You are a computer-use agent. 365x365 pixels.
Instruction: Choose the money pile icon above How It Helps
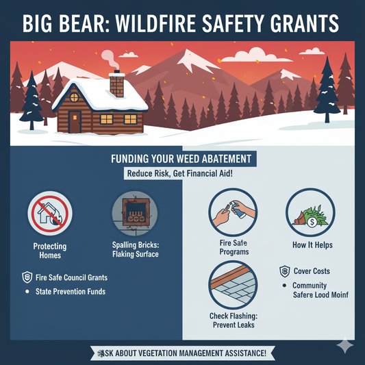(x=310, y=212)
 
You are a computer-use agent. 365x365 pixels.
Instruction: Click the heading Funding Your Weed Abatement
(x=181, y=159)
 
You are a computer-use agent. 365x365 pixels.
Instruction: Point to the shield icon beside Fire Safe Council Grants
(x=27, y=277)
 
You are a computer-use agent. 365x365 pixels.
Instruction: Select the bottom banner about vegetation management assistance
(x=182, y=353)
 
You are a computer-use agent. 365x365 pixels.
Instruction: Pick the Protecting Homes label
(x=47, y=251)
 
